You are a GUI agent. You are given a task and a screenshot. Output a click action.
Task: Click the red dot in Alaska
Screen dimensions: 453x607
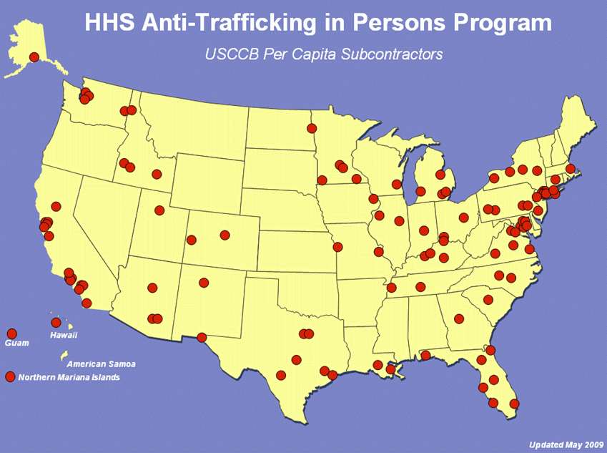pyautogui.click(x=34, y=57)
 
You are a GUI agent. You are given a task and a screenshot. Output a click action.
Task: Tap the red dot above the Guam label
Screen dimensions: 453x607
pyautogui.click(x=11, y=333)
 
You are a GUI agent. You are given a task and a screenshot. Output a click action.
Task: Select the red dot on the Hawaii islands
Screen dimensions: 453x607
pyautogui.click(x=56, y=323)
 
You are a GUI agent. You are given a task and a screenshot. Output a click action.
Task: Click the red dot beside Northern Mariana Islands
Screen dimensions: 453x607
pyautogui.click(x=10, y=376)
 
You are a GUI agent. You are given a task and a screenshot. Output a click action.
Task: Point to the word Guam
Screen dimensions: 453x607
pyautogui.click(x=16, y=344)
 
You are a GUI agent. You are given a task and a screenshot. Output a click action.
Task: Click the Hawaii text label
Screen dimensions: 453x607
pyautogui.click(x=64, y=335)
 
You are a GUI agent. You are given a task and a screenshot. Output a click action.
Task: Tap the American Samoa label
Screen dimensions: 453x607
pyautogui.click(x=101, y=364)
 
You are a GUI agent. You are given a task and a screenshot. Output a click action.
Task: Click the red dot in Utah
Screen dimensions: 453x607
pyautogui.click(x=159, y=210)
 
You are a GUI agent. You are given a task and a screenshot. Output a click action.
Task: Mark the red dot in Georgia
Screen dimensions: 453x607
pyautogui.click(x=459, y=319)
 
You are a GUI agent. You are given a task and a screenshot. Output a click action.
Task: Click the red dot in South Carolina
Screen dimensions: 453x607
pyautogui.click(x=488, y=300)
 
